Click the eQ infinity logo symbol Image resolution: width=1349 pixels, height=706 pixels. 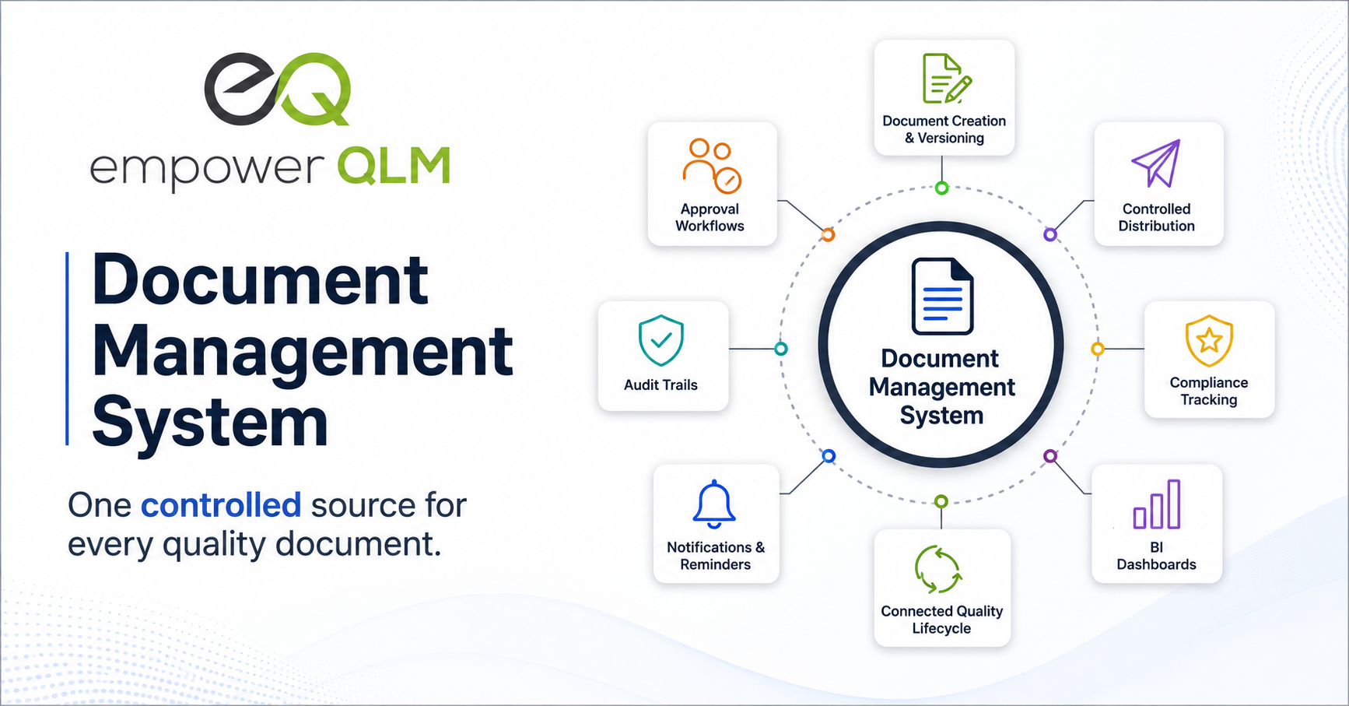click(x=278, y=90)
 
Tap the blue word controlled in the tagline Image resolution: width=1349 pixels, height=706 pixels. click(x=221, y=505)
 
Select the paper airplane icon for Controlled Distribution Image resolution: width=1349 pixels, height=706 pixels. click(x=1157, y=163)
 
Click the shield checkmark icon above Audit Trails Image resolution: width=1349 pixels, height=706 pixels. click(x=660, y=340)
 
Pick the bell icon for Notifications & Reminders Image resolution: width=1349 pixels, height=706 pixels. click(x=714, y=504)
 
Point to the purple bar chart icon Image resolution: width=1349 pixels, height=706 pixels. click(x=1157, y=504)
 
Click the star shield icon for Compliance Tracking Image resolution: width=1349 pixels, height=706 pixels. click(x=1209, y=340)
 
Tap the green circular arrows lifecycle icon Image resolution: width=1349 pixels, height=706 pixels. click(x=939, y=570)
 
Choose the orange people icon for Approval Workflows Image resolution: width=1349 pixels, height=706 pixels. click(x=712, y=166)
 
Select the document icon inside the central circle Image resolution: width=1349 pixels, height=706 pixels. click(x=942, y=297)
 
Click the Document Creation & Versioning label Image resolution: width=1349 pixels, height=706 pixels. click(x=944, y=129)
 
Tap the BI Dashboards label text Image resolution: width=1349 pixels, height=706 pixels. click(x=1157, y=556)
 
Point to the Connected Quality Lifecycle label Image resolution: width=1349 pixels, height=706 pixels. click(x=941, y=620)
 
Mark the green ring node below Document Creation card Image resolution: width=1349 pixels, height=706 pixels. click(x=942, y=188)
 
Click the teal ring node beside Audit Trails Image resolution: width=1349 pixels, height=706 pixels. click(x=781, y=349)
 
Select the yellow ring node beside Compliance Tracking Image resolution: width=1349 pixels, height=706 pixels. click(x=1098, y=349)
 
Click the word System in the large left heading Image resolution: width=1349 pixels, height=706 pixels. click(x=210, y=421)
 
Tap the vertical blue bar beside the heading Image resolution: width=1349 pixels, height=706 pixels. click(x=68, y=349)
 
